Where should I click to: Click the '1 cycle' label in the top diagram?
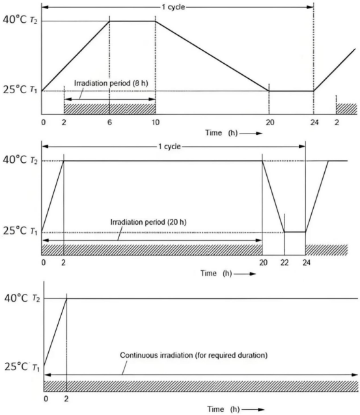(173, 7)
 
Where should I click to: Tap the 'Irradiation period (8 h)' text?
(111, 83)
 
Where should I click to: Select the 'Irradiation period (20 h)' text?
(148, 222)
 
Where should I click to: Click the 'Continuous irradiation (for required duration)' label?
(193, 355)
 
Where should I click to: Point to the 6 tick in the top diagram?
(109, 122)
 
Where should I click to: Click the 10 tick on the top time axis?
(156, 122)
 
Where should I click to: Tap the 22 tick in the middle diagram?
(284, 263)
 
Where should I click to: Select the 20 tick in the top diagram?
(270, 122)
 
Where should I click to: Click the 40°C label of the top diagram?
(15, 20)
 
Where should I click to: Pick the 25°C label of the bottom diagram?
(16, 367)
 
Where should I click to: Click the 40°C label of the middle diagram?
(15, 160)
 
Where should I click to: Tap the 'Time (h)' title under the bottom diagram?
(223, 409)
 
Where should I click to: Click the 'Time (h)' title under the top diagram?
(221, 133)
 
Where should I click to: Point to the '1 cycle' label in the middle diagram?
(169, 147)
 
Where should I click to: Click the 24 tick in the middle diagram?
(307, 263)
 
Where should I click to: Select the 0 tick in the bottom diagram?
(46, 399)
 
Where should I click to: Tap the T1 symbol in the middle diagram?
(34, 232)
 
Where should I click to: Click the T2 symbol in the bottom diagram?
(36, 298)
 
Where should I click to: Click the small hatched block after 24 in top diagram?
(346, 109)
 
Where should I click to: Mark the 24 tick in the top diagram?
(314, 122)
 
